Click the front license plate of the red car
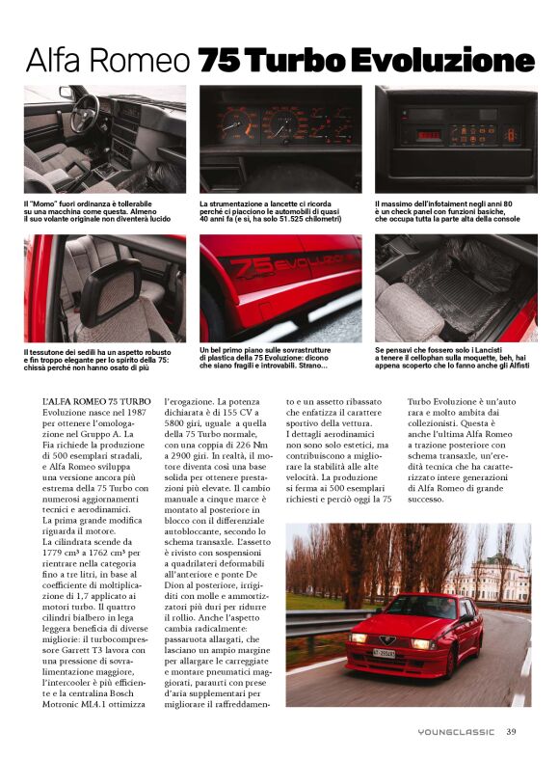[384, 653]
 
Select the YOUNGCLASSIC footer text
[456, 732]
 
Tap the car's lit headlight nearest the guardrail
[359, 637]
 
